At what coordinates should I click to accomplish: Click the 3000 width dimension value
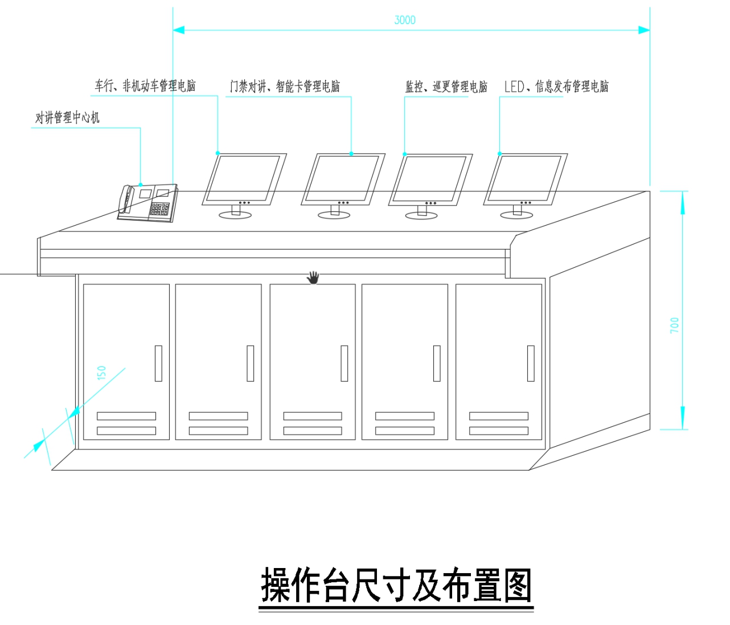pyautogui.click(x=405, y=20)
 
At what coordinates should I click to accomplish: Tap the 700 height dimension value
pyautogui.click(x=675, y=325)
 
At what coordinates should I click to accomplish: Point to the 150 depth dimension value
pyautogui.click(x=102, y=373)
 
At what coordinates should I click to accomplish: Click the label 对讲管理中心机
pyautogui.click(x=67, y=118)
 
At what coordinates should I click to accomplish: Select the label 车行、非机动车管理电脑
pyautogui.click(x=145, y=86)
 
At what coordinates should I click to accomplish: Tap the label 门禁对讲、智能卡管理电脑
pyautogui.click(x=285, y=87)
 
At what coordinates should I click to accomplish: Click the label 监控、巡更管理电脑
pyautogui.click(x=446, y=87)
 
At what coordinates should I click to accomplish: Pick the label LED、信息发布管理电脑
pyautogui.click(x=556, y=87)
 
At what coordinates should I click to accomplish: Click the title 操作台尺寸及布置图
pyautogui.click(x=396, y=586)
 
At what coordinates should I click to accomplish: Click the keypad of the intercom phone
pyautogui.click(x=159, y=209)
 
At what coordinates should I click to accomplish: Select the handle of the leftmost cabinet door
pyautogui.click(x=158, y=363)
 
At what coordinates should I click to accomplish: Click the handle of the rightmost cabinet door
pyautogui.click(x=531, y=363)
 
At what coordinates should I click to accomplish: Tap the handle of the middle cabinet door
pyautogui.click(x=344, y=363)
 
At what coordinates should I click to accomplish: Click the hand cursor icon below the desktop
pyautogui.click(x=313, y=277)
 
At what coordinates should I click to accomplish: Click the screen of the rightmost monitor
pyautogui.click(x=524, y=178)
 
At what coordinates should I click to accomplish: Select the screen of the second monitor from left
pyautogui.click(x=342, y=178)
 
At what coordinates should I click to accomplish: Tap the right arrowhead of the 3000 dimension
pyautogui.click(x=643, y=30)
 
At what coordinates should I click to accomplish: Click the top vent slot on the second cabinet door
pyautogui.click(x=218, y=416)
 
